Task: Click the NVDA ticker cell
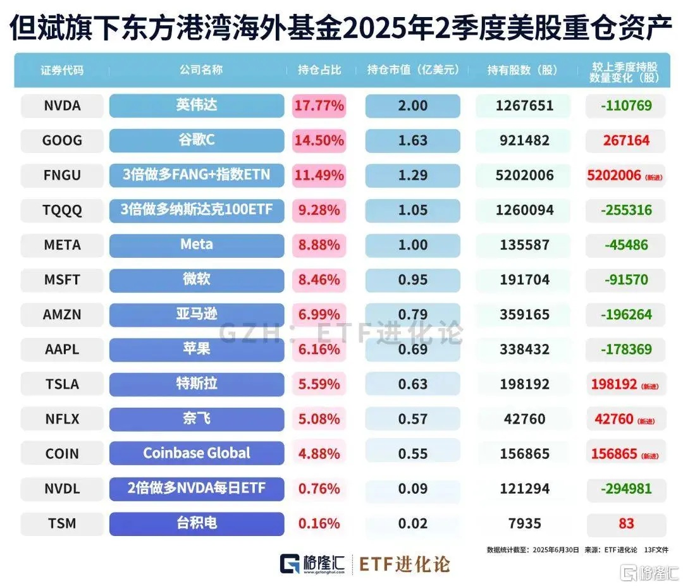click(x=62, y=106)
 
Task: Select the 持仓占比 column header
click(x=319, y=70)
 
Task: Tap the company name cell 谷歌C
click(x=196, y=140)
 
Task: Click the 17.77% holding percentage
click(x=319, y=106)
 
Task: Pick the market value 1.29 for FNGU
click(x=412, y=175)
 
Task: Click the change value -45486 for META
click(x=625, y=245)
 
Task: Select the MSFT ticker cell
click(x=62, y=279)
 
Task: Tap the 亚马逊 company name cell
click(x=196, y=314)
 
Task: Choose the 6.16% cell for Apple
click(x=319, y=349)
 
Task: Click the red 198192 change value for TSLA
click(x=613, y=384)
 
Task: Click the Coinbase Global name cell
click(x=196, y=453)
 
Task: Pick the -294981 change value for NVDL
click(x=625, y=489)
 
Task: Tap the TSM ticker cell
click(x=62, y=523)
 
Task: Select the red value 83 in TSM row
click(x=626, y=523)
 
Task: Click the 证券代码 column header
click(x=62, y=70)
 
